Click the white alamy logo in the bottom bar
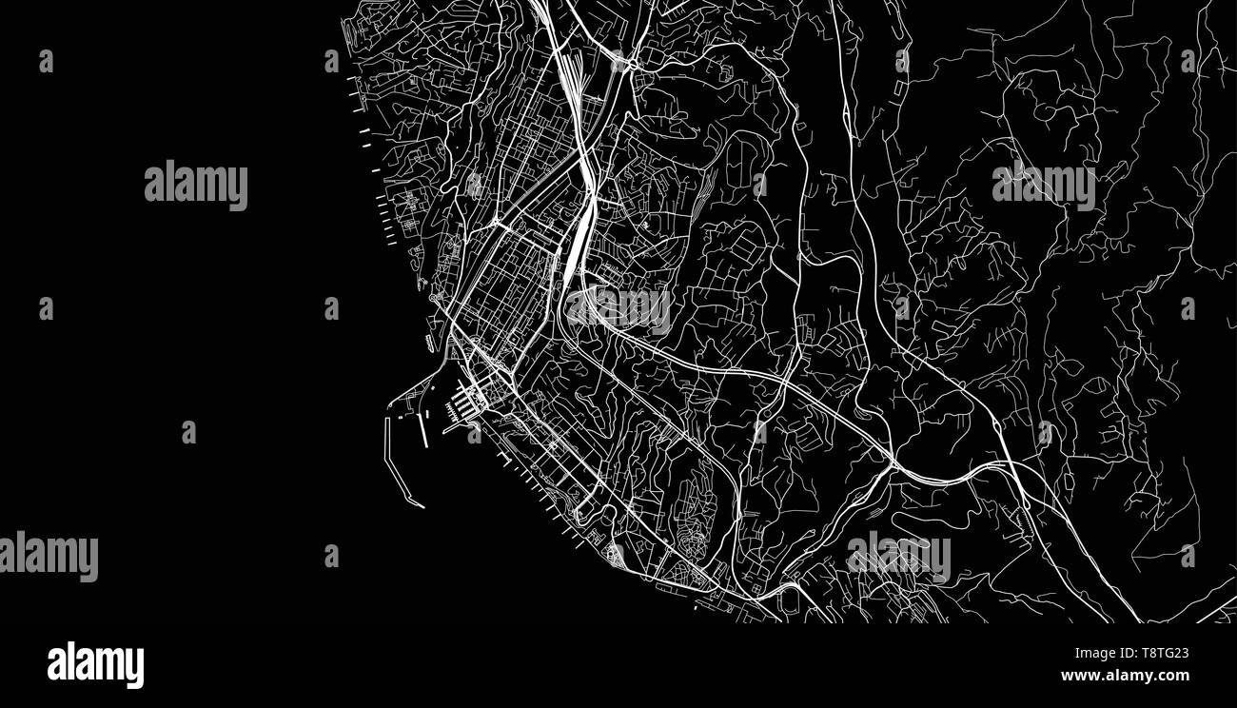95,665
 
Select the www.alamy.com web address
1125,676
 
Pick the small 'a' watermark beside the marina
474,433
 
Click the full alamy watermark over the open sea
196,186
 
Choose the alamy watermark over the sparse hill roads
1043,186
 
